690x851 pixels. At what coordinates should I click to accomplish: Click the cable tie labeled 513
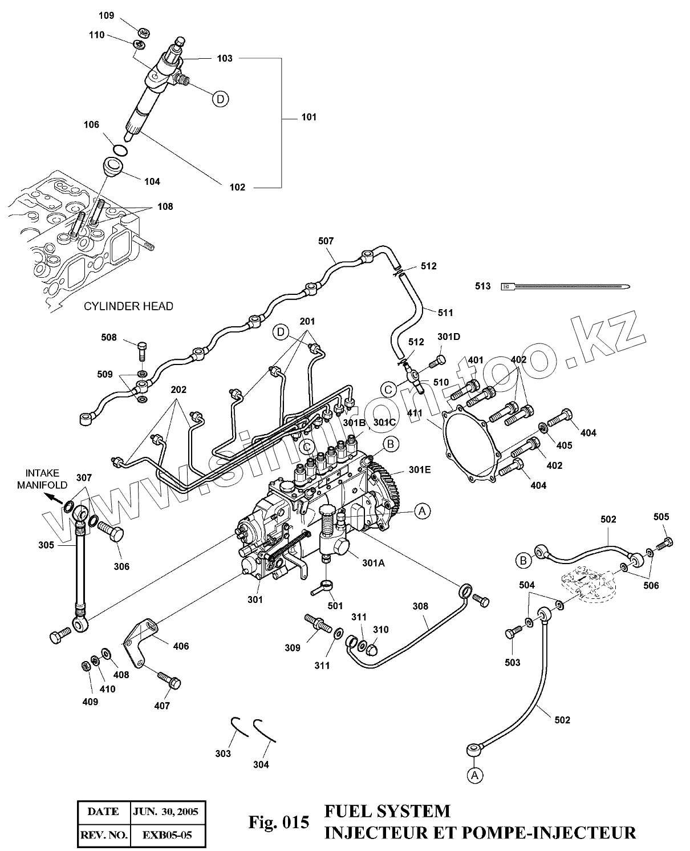565,286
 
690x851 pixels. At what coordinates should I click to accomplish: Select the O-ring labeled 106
119,150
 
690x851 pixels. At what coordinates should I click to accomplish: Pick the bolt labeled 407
169,679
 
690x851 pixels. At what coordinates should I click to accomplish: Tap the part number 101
309,117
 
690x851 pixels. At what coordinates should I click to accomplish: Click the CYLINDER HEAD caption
128,306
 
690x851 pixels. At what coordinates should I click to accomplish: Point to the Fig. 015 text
279,822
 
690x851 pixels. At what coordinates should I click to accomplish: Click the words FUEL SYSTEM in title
387,811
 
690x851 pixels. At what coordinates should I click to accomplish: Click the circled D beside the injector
220,99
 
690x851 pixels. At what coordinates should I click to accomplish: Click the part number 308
421,606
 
